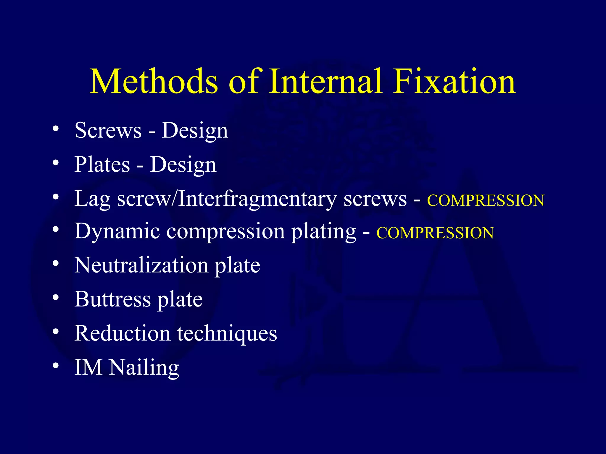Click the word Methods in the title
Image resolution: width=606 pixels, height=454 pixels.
pyautogui.click(x=154, y=81)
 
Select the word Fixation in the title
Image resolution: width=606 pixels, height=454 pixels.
pyautogui.click(x=454, y=81)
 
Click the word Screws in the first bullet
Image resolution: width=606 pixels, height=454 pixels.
pyautogui.click(x=108, y=130)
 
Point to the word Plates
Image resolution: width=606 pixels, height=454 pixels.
pyautogui.click(x=102, y=164)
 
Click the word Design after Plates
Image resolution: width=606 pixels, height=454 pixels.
pyautogui.click(x=183, y=165)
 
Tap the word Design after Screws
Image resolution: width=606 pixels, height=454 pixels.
pyautogui.click(x=195, y=131)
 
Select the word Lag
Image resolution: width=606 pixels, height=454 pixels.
pyautogui.click(x=92, y=199)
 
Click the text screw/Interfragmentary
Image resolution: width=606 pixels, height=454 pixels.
pyautogui.click(x=227, y=199)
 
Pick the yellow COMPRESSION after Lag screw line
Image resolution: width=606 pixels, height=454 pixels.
pyautogui.click(x=485, y=201)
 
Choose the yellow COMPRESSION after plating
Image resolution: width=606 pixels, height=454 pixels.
pyautogui.click(x=435, y=233)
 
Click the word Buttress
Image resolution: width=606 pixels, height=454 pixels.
pyautogui.click(x=112, y=299)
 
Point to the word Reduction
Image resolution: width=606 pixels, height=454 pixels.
pyautogui.click(x=122, y=333)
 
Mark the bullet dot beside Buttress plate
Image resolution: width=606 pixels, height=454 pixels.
pyautogui.click(x=56, y=298)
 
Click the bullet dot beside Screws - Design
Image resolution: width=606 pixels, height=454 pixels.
pyautogui.click(x=56, y=129)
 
